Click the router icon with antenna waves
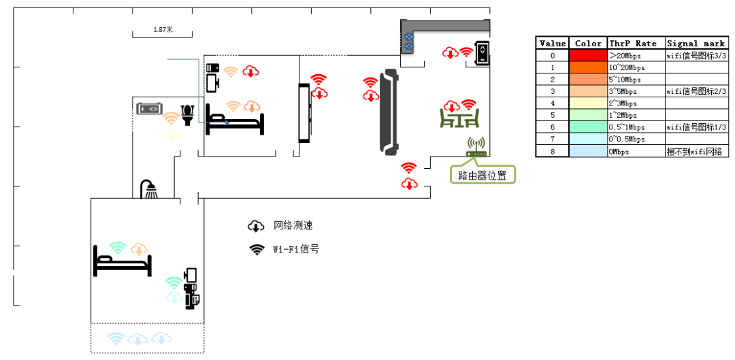click(476, 147)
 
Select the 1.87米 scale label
click(163, 29)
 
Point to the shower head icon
click(150, 189)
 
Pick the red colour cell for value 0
click(588, 55)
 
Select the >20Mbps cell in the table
click(636, 55)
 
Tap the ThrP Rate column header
click(636, 43)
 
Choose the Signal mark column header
click(697, 43)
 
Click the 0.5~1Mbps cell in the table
click(636, 127)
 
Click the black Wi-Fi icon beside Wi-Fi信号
click(256, 250)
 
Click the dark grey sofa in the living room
click(389, 112)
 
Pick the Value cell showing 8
click(552, 151)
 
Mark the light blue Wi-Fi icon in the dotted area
click(116, 338)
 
